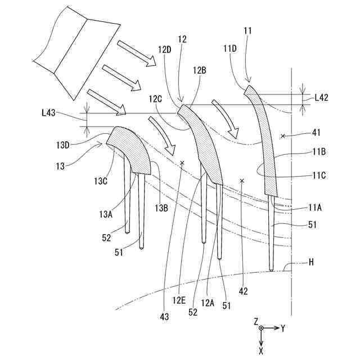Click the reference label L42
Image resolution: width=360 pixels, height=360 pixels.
pyautogui.click(x=321, y=97)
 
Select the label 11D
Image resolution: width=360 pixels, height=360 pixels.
pyautogui.click(x=231, y=49)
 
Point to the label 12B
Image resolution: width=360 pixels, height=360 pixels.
pyautogui.click(x=199, y=70)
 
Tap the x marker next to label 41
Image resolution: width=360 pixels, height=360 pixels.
pyautogui.click(x=283, y=136)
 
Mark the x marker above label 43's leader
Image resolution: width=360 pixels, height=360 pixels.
pyautogui.click(x=182, y=163)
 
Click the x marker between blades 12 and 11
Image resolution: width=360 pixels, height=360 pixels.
pyautogui.click(x=242, y=181)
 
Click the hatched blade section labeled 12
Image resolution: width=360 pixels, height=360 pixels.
pyautogui.click(x=204, y=146)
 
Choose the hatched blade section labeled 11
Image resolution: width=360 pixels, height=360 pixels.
pyautogui.click(x=265, y=141)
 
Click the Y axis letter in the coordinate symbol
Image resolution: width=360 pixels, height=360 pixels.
pyautogui.click(x=283, y=327)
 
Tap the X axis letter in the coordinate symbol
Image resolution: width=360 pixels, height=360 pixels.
pyautogui.click(x=261, y=350)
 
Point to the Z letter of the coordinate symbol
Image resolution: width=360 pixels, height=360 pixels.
pyautogui.click(x=255, y=321)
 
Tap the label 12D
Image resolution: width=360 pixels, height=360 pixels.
pyautogui.click(x=165, y=49)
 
